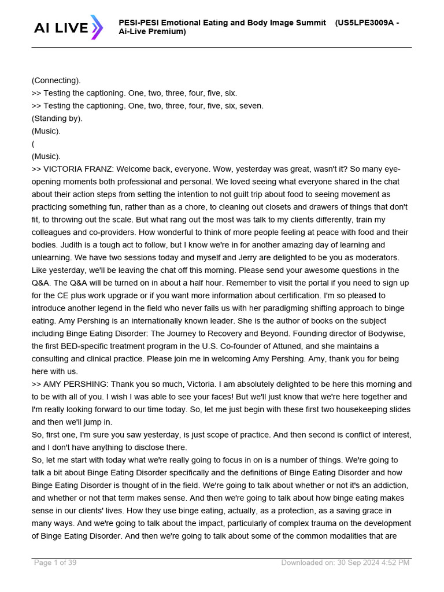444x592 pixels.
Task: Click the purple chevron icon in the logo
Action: coord(97,27)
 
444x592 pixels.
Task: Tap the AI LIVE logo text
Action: coord(61,27)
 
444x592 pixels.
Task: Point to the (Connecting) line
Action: coord(56,80)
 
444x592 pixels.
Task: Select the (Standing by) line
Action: coord(57,119)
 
